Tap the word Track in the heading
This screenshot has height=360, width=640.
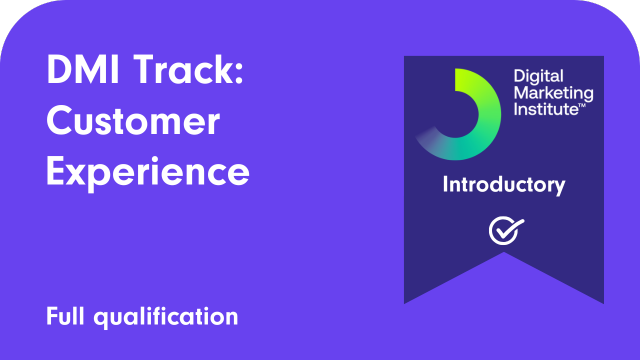[189, 73]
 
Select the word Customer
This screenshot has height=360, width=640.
[133, 122]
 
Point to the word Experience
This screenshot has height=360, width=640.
[148, 171]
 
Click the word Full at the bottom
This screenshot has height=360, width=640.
[66, 317]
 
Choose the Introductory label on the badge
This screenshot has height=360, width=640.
[504, 185]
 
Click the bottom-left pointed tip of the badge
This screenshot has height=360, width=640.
[406, 301]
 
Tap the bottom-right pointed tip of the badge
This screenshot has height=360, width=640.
[602, 301]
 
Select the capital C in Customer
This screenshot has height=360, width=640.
[61, 122]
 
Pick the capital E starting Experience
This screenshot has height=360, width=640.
[57, 171]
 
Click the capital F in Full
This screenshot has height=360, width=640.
[52, 317]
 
